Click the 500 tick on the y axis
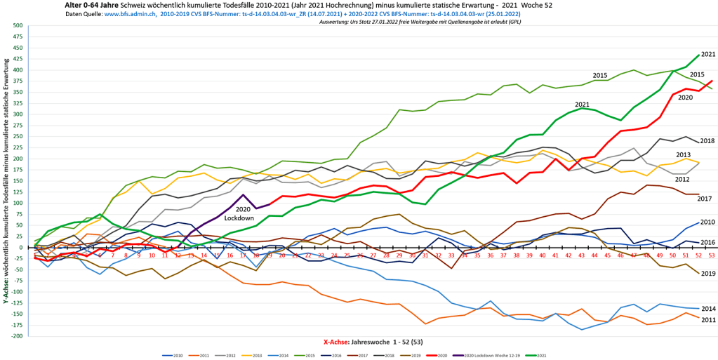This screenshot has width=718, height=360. (18, 25)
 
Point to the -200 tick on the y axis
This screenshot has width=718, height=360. (17, 335)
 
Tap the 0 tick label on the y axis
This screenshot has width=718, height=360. (21, 247)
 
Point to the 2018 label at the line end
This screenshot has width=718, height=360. (707, 141)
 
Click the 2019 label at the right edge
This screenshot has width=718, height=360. (707, 273)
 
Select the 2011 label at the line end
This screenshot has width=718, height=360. (707, 319)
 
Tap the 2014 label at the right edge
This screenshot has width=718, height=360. (707, 309)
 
